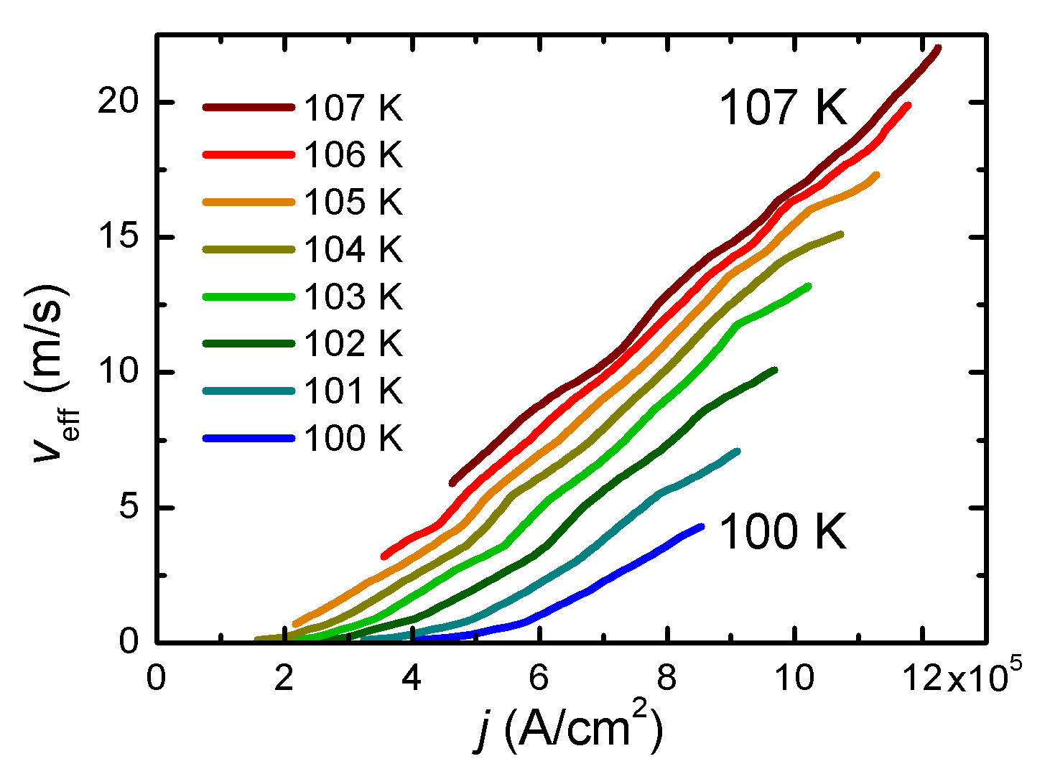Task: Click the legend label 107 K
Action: [353, 108]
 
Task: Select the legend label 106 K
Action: [353, 154]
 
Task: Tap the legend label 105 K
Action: [353, 202]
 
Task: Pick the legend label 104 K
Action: [353, 249]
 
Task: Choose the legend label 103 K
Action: [353, 297]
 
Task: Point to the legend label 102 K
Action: [353, 343]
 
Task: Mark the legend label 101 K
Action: [353, 391]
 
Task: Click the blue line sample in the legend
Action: [248, 438]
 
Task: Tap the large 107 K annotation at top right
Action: [783, 108]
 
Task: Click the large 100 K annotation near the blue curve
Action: [783, 532]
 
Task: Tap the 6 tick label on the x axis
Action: [539, 678]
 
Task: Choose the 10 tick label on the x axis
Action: [796, 678]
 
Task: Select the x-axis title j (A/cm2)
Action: [567, 729]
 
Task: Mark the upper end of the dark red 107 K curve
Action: [937, 49]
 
